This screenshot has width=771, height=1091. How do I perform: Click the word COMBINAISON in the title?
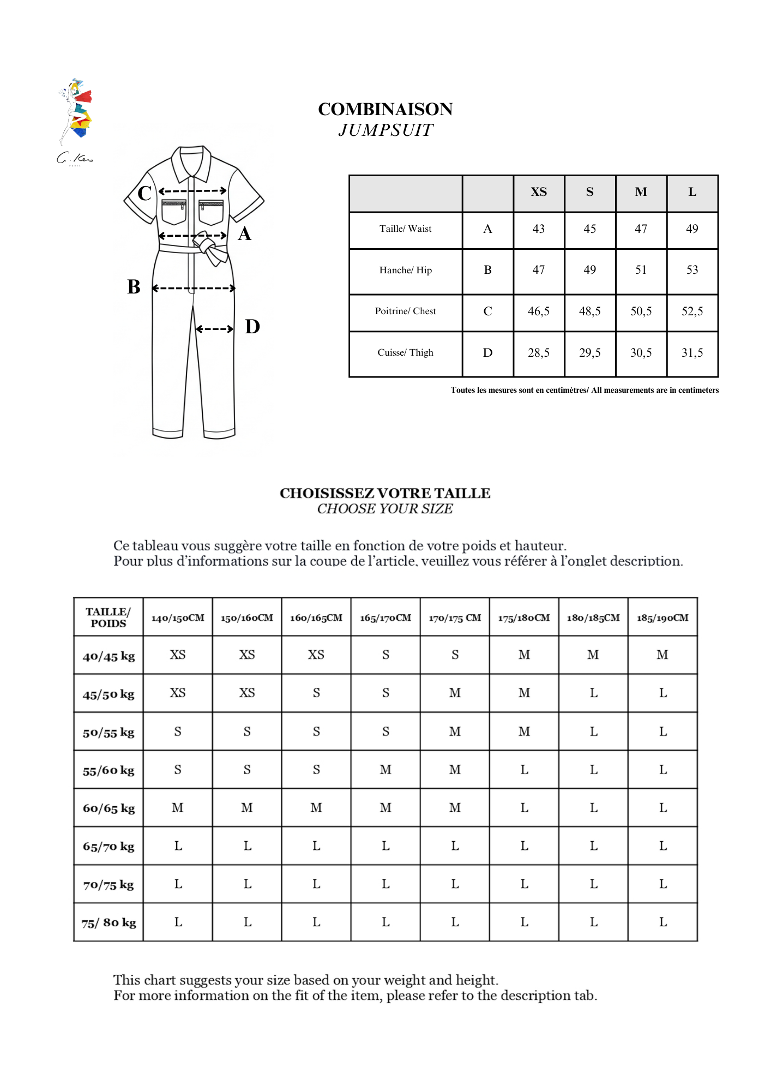pos(385,109)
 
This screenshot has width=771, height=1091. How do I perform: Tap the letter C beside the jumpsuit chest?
pos(144,193)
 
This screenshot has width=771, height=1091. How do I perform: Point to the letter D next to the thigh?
pos(252,327)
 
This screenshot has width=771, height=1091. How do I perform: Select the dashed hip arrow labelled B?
pos(194,288)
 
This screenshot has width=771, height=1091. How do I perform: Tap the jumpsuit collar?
pos(191,162)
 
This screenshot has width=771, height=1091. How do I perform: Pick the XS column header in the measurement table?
pos(539,192)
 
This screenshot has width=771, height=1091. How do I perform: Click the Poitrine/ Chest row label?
pos(405,311)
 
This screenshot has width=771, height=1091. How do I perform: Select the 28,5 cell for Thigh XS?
pos(539,353)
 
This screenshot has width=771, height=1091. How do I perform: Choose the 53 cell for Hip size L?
pos(692,270)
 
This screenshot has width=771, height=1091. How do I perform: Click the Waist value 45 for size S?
pos(589,229)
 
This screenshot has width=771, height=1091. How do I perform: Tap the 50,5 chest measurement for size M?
pos(641,311)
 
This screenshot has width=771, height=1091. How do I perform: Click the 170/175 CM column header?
pos(455,618)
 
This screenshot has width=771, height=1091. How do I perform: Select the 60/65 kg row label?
pos(109,808)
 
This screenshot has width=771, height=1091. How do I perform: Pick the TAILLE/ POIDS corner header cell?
pos(109,618)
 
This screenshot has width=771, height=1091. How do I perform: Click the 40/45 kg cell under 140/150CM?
pos(178,655)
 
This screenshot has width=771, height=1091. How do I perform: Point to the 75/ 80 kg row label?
pos(109,923)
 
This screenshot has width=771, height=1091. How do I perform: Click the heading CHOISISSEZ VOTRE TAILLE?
pos(385,493)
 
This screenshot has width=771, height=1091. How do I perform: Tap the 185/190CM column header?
pos(662,618)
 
